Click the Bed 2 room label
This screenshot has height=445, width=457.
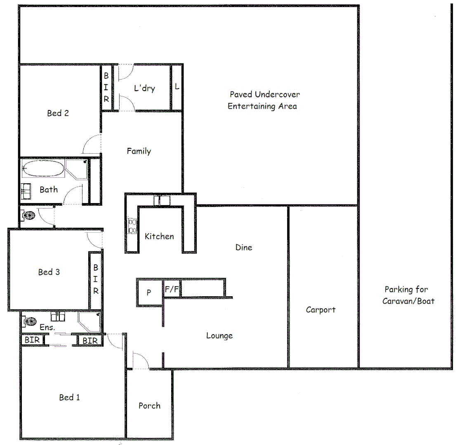58,113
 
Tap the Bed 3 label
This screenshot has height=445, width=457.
49,272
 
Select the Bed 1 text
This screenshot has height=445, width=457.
69,397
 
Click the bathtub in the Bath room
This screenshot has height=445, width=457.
43,169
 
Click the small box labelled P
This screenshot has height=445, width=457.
149,293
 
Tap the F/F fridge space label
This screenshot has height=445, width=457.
172,290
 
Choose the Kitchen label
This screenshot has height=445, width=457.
159,237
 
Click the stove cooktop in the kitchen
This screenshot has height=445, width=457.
133,226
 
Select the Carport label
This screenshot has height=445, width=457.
320,310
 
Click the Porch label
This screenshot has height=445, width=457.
149,406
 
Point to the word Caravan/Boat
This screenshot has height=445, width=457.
408,301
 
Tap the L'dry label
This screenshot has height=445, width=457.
144,88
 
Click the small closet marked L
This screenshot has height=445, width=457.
177,87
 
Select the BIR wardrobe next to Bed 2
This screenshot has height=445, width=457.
106,87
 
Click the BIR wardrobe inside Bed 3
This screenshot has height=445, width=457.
95,279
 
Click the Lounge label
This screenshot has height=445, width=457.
219,336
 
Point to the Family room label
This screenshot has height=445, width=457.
139,151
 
